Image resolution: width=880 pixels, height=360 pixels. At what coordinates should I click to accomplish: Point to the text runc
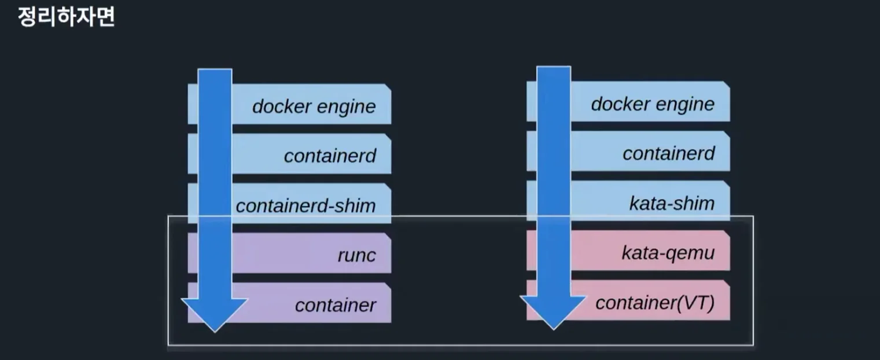[x=356, y=255]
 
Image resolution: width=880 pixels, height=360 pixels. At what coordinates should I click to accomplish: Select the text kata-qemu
[x=668, y=253]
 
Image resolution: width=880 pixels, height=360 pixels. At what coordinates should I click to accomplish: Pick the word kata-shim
[x=672, y=203]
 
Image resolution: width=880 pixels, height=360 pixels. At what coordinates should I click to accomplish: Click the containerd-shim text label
[x=305, y=205]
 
